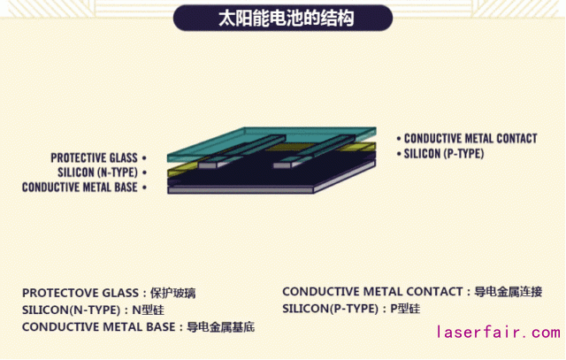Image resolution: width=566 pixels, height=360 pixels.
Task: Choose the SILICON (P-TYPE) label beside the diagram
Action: (x=444, y=153)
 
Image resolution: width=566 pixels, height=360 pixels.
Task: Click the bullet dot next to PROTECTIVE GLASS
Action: (x=142, y=158)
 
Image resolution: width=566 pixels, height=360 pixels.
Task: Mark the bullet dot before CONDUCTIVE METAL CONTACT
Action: (x=398, y=139)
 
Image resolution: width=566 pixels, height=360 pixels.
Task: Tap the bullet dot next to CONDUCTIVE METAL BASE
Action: (x=142, y=187)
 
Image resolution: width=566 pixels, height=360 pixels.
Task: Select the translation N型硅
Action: (x=148, y=310)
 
